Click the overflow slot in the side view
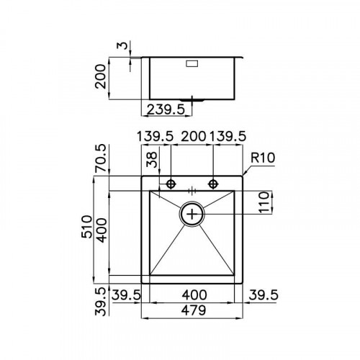click(194, 63)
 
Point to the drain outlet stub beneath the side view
click(192, 98)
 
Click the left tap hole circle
click(171, 184)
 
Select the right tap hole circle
click(213, 184)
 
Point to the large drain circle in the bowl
click(192, 213)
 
